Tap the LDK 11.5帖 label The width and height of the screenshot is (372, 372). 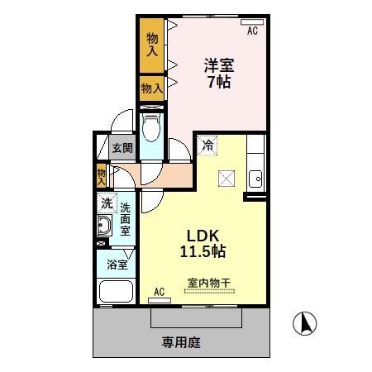[x=203, y=241]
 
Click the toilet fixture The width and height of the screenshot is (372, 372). [x=151, y=129]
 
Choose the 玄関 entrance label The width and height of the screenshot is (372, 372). [x=122, y=148]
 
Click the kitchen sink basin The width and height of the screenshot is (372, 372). [x=256, y=178]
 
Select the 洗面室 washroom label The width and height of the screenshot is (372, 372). [x=125, y=220]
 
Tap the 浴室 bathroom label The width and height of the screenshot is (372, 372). [x=117, y=265]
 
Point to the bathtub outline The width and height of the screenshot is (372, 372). [x=116, y=293]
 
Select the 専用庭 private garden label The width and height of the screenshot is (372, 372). [x=181, y=341]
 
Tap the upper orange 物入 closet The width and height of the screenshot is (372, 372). [x=152, y=45]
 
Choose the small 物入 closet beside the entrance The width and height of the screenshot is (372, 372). [x=101, y=175]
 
